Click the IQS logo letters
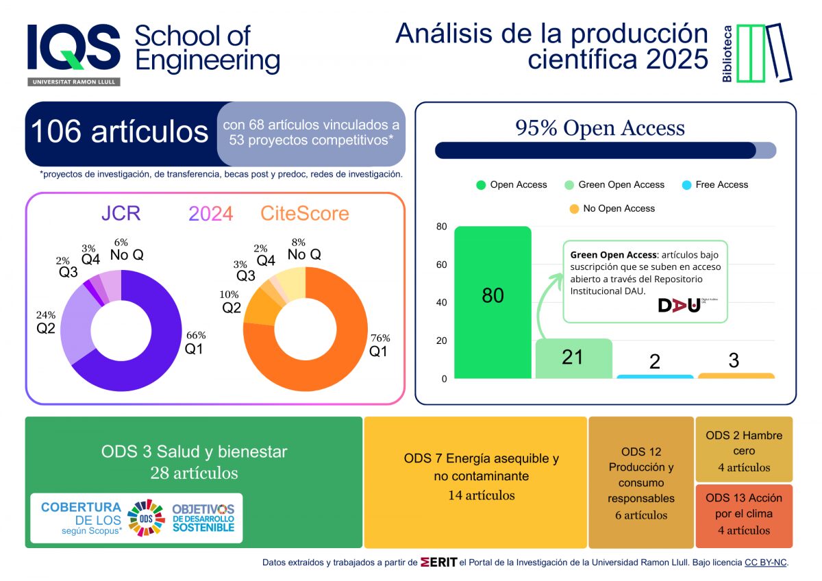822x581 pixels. coord(74,48)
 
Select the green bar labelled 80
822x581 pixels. coord(493,302)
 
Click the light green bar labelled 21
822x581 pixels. coord(573,358)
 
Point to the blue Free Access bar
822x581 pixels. coord(654,376)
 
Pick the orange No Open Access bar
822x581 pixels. coord(736,375)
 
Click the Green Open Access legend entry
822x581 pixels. coord(614,185)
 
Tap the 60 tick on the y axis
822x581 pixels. coord(442,264)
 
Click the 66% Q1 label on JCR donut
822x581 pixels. coord(195,342)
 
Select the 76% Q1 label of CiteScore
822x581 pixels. coord(379,345)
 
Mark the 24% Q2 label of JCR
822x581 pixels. coord(45,321)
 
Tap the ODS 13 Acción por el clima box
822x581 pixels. coord(744,514)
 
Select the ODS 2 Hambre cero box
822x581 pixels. coord(744,451)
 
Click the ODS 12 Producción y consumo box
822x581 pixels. coord(641,482)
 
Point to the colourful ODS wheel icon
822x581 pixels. coord(146,517)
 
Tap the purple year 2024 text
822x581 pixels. coord(211,214)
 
